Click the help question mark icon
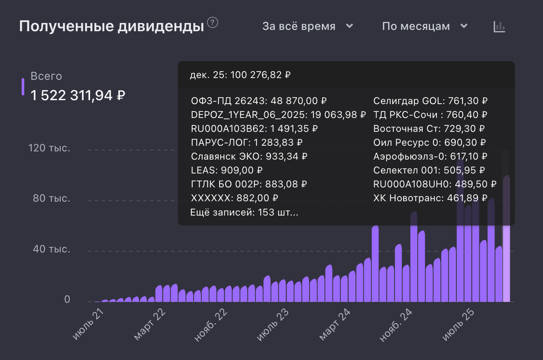click(212, 23)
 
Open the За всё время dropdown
click(308, 26)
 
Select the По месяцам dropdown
click(424, 26)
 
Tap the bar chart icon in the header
click(499, 27)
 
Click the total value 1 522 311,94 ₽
click(78, 96)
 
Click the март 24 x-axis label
click(335, 325)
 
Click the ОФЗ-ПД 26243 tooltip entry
click(259, 101)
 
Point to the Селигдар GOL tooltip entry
click(430, 101)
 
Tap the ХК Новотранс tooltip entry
click(430, 197)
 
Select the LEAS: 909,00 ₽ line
click(227, 170)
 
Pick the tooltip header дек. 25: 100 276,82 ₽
click(240, 75)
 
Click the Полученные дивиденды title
click(111, 26)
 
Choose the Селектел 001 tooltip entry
click(429, 170)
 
